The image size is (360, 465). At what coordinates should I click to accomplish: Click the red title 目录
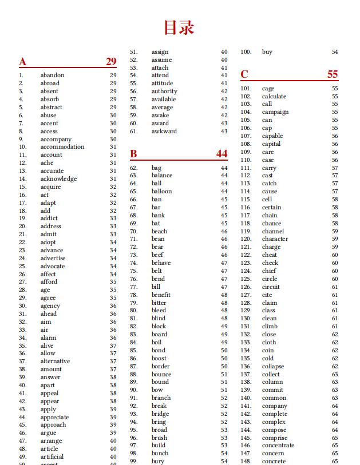pos(179,27)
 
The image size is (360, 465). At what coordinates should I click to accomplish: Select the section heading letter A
pos(22,62)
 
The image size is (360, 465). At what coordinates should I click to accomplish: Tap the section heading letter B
pos(133,153)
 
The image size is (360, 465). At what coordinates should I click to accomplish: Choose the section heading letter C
pos(244,74)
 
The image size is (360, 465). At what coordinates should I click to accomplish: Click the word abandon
pos(52,75)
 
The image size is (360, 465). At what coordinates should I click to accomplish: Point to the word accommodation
pos(62,147)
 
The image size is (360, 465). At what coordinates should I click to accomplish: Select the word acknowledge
pos(58,178)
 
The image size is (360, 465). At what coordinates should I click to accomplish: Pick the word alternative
pos(55,361)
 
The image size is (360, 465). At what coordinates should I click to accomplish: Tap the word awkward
pos(164,132)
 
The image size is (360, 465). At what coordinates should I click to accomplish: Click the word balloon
pos(161,192)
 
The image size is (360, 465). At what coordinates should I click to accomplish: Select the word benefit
pos(161,295)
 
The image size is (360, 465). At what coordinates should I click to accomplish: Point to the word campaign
pos(275,112)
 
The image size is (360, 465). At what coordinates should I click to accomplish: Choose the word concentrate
pos(278,446)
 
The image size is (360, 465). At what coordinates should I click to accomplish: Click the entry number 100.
pos(246,52)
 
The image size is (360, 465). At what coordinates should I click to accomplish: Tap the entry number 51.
pos(134,52)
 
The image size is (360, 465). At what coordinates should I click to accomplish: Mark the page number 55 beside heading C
pos(333,74)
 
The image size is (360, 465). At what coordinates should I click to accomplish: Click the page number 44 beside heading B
pos(221,153)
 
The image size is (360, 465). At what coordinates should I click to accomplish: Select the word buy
pos(267,52)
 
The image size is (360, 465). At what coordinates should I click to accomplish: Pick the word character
pos(275,239)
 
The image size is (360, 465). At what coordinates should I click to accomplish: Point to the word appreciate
pos(54,418)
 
